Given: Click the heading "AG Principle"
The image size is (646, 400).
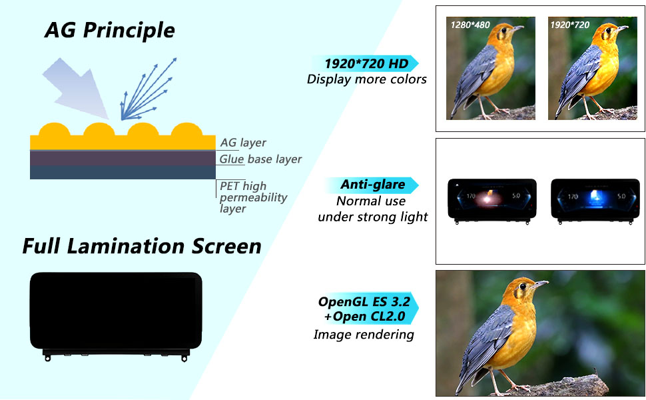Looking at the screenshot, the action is [x=110, y=31].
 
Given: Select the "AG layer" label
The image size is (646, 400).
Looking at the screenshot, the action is [x=243, y=143].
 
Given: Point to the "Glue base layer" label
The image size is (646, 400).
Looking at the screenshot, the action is [x=260, y=159].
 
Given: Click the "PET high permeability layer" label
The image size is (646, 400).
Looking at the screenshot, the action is [x=253, y=197].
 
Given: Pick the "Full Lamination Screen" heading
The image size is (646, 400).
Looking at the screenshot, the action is [x=142, y=246].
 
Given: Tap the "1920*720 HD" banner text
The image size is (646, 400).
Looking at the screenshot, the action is [x=366, y=63].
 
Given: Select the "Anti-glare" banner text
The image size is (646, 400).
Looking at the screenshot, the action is [x=372, y=184].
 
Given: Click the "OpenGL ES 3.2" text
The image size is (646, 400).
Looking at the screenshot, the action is [x=364, y=301].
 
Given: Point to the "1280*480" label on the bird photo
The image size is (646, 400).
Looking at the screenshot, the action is [x=470, y=25].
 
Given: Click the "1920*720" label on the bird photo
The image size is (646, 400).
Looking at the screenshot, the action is [x=570, y=25].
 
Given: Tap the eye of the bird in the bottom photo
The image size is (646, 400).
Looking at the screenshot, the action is [x=523, y=287].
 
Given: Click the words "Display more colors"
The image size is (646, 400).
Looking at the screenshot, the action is [x=367, y=79].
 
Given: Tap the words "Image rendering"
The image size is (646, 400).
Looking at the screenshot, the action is [x=364, y=335].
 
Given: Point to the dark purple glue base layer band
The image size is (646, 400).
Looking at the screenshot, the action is [x=123, y=159].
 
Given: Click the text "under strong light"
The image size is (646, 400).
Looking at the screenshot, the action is [x=373, y=217].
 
